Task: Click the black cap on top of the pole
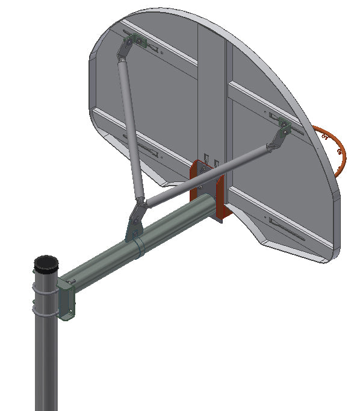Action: [46, 263]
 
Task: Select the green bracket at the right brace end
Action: [284, 128]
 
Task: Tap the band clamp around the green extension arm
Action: [138, 246]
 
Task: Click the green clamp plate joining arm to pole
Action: [67, 301]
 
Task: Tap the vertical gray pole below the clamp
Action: [46, 368]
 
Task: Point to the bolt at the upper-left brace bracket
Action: [139, 42]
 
